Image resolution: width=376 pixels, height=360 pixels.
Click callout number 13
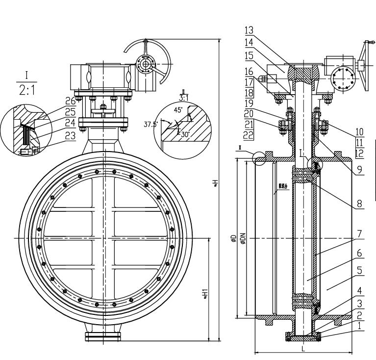pos(249,30)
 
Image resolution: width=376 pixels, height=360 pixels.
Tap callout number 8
pos(360,202)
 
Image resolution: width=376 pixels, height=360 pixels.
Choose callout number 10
pos(360,131)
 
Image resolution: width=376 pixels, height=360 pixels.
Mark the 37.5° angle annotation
pos(150,125)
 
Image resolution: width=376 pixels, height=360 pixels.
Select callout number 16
pos(249,71)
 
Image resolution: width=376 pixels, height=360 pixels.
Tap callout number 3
pos(360,304)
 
